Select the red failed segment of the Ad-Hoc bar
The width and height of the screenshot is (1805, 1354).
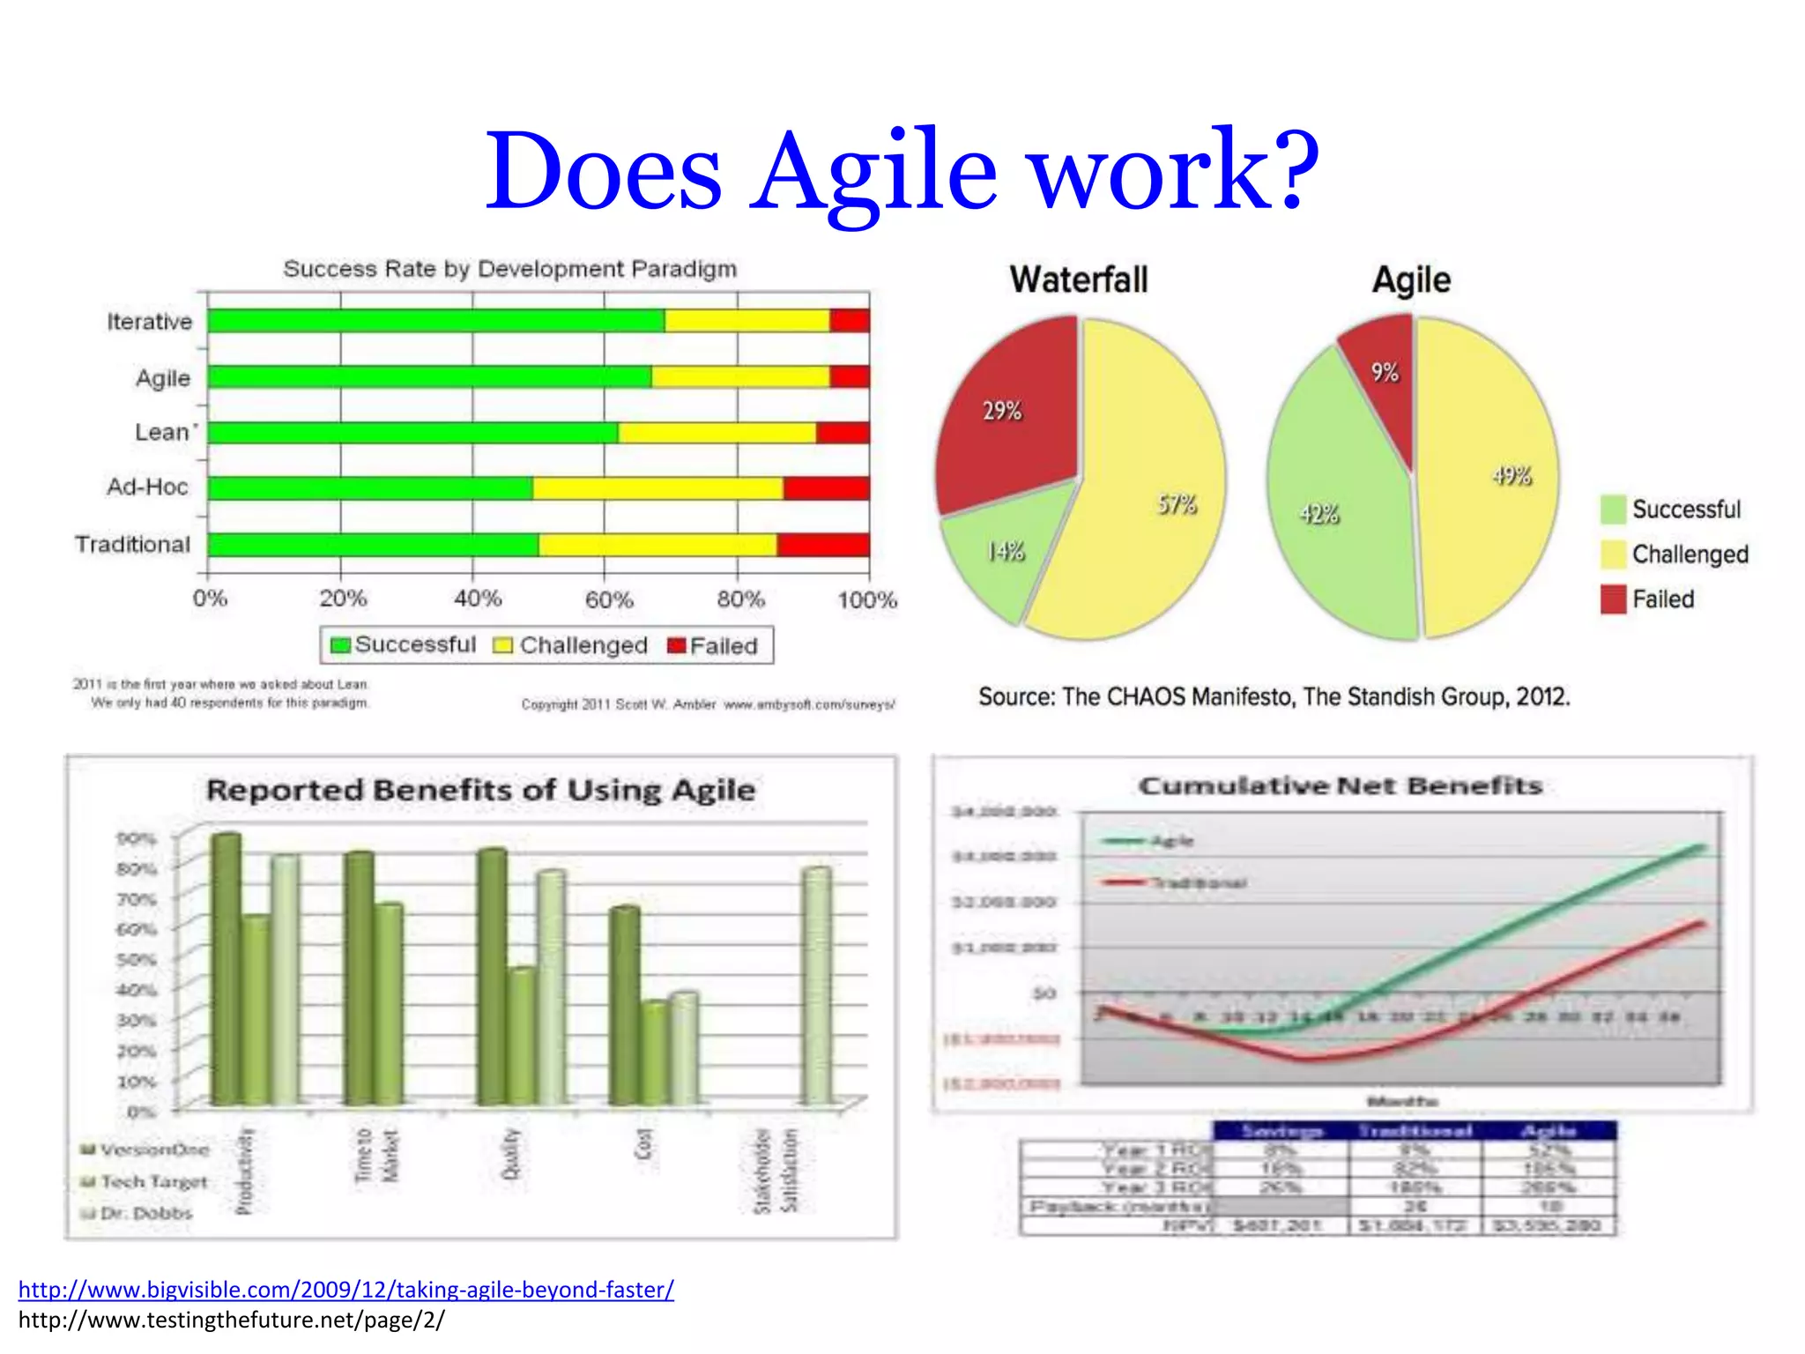tap(826, 487)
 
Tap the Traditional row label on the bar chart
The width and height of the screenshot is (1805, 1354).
tap(132, 545)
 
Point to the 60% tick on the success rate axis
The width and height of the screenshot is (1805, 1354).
tap(608, 599)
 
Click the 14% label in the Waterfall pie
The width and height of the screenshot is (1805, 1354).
tap(1005, 552)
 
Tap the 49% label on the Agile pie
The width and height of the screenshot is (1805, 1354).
tap(1512, 476)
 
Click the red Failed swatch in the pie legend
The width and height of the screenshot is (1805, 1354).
tap(1612, 599)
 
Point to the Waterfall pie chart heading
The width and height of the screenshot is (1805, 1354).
tap(1079, 280)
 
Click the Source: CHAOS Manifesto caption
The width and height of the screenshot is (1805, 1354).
tap(1274, 697)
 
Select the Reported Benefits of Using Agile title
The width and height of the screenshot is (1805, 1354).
tap(480, 790)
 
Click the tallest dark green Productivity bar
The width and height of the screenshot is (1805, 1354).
tap(226, 970)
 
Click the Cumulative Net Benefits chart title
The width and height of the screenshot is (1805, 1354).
tap(1340, 785)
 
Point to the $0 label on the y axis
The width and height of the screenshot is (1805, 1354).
tap(1044, 993)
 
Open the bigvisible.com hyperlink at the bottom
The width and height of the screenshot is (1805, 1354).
tap(345, 1290)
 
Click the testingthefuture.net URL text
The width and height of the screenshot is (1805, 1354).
tap(231, 1320)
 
